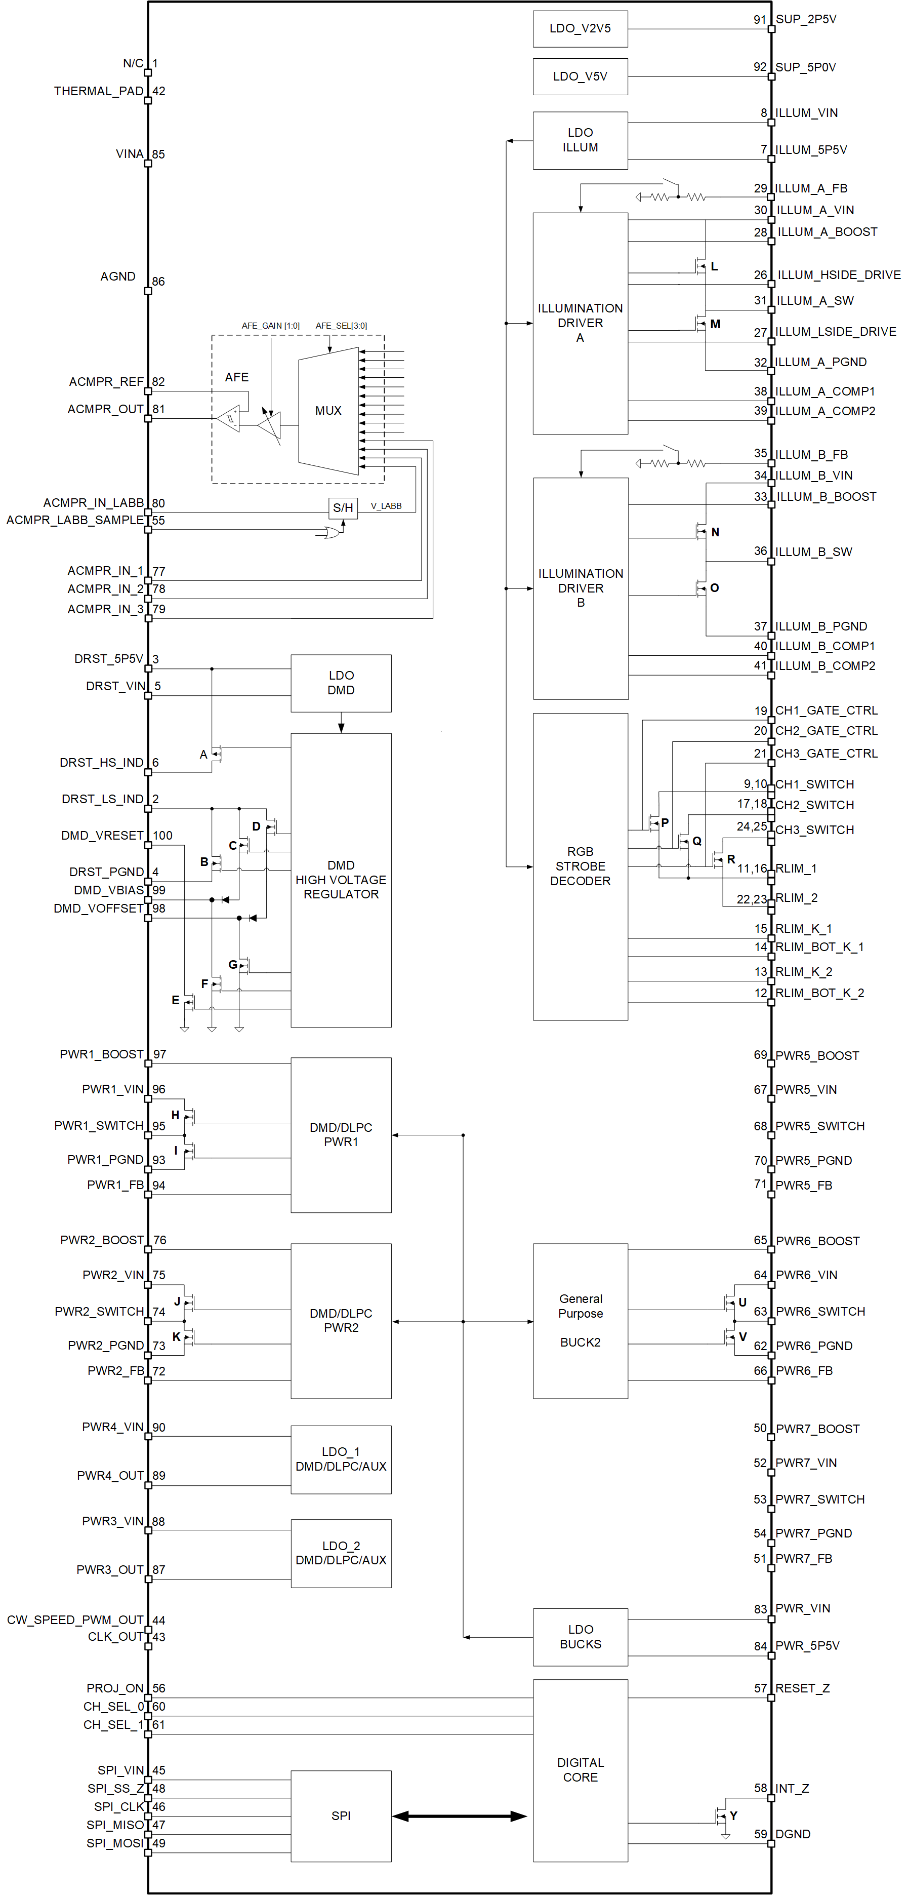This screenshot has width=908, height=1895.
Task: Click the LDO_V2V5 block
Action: (x=580, y=29)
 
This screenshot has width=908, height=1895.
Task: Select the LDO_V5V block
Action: (x=580, y=76)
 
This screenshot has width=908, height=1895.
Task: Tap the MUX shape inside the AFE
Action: (x=328, y=411)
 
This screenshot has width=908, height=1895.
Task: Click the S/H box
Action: (x=343, y=507)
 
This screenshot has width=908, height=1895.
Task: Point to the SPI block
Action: (x=341, y=1815)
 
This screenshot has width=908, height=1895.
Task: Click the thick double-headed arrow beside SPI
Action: (x=460, y=1815)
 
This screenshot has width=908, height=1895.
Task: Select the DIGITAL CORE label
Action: (x=580, y=1769)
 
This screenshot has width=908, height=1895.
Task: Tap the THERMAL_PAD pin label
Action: (x=99, y=91)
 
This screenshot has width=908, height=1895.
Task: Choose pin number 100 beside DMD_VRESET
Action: (x=162, y=836)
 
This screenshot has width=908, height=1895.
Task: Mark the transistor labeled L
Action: (x=700, y=265)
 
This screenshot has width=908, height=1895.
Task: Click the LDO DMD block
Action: (x=341, y=683)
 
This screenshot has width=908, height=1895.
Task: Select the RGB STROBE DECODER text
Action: (x=580, y=866)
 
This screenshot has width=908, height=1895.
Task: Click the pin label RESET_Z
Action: (x=802, y=1688)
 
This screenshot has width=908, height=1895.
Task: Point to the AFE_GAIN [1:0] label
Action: (x=271, y=326)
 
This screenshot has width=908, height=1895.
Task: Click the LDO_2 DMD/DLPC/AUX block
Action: (x=341, y=1553)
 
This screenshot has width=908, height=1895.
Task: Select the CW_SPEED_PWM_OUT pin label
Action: (x=75, y=1620)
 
